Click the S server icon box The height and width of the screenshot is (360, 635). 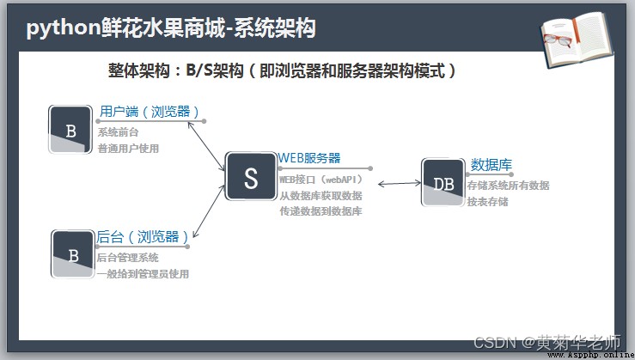[251, 176]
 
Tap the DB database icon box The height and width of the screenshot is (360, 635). [443, 182]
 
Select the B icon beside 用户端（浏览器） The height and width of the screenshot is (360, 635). [70, 130]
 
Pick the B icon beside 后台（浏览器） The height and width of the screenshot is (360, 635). [73, 254]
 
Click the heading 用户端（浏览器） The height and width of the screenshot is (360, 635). [150, 112]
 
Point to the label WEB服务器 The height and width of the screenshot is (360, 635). [309, 158]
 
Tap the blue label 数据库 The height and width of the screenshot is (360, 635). [492, 165]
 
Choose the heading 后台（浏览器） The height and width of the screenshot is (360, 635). [143, 237]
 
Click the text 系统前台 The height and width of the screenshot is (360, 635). [119, 132]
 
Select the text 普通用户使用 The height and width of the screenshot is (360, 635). [128, 149]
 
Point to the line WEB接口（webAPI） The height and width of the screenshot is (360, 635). [321, 180]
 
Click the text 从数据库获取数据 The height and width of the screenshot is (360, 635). [321, 196]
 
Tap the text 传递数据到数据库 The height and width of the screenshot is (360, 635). [321, 211]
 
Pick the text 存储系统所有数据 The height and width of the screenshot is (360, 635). [508, 186]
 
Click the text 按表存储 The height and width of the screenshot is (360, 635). [487, 202]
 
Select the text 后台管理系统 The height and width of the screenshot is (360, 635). [127, 258]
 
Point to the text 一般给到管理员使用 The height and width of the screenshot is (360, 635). [143, 274]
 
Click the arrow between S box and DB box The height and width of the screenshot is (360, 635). [400, 184]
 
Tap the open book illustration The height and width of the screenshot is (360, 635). [577, 40]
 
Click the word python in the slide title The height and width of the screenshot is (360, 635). [64, 28]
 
